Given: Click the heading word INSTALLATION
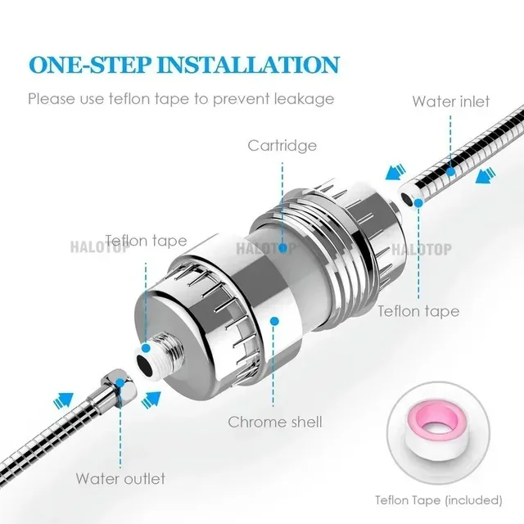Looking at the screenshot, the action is tap(249, 65).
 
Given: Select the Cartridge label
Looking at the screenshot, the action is tap(282, 146).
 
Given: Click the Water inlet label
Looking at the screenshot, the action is tap(451, 102).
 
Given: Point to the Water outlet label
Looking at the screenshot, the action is tap(120, 478).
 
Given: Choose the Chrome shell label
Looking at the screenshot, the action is tap(275, 422).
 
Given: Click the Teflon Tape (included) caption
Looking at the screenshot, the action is tap(439, 500).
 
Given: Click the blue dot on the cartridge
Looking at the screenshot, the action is tap(283, 247).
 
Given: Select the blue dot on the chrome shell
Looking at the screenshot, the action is tap(274, 321).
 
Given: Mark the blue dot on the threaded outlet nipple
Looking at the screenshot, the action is tap(146, 348).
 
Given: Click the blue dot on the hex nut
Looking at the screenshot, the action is tap(120, 383).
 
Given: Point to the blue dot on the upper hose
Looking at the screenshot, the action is tap(451, 172).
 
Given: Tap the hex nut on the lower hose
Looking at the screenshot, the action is tap(120, 384).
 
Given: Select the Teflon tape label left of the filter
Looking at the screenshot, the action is tap(146, 241).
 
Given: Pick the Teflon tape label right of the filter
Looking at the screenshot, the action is tap(418, 311).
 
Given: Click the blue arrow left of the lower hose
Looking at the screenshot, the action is tap(64, 400).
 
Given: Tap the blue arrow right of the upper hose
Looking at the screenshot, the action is tap(486, 176).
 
